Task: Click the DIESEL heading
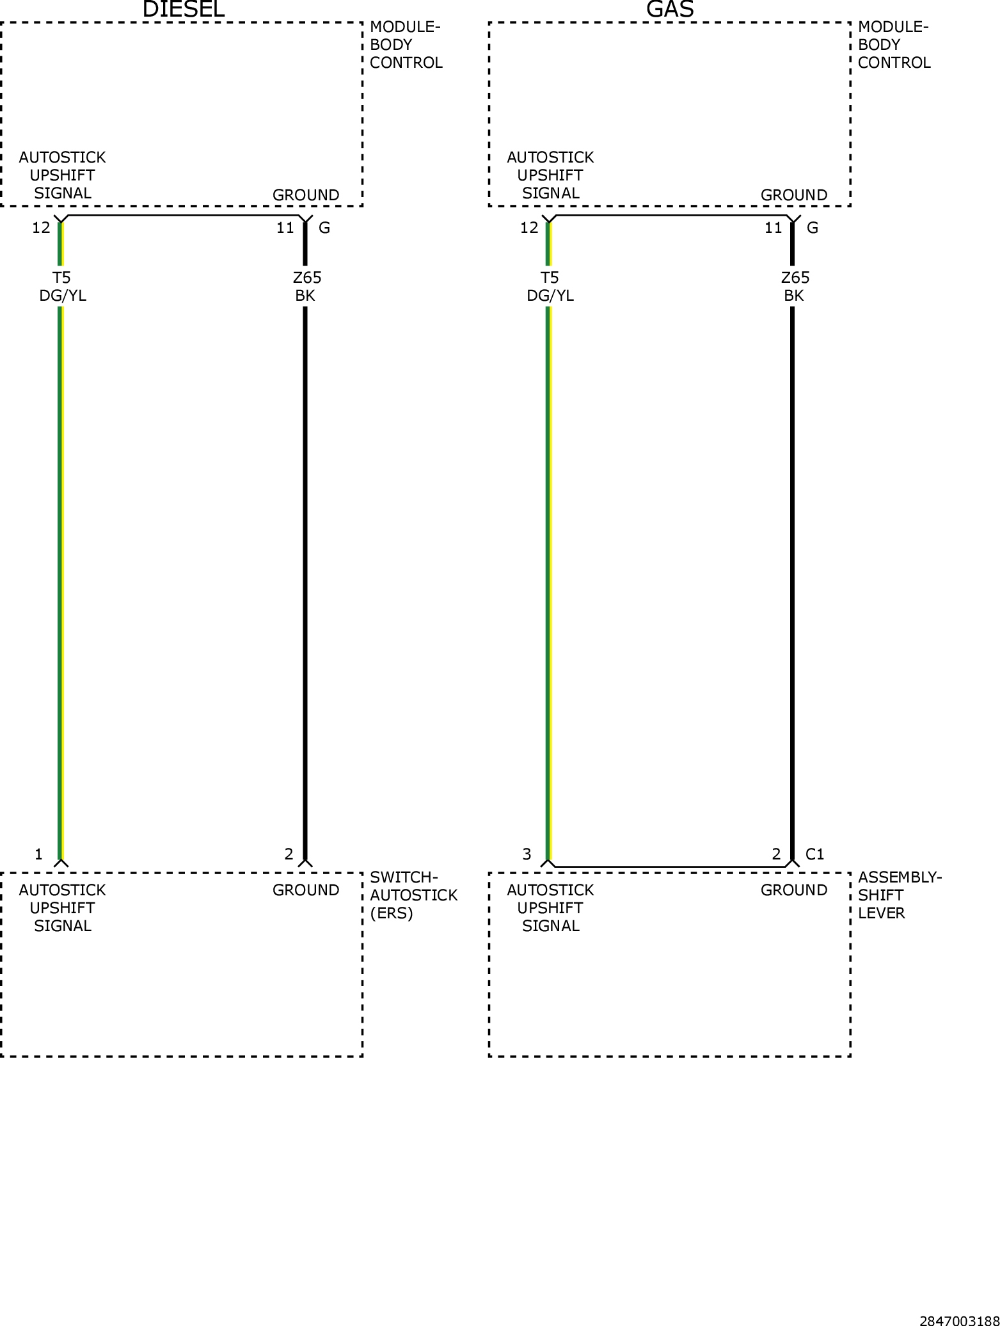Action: [x=184, y=9]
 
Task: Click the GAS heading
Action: [x=670, y=9]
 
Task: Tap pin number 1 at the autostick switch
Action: [x=38, y=854]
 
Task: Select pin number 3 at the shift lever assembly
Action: [x=527, y=854]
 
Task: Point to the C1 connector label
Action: [x=814, y=854]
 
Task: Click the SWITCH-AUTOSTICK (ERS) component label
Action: [x=413, y=895]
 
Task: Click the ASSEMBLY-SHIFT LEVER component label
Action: [x=900, y=895]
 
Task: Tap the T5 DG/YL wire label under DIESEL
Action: [x=62, y=286]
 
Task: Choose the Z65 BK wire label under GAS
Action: [x=795, y=286]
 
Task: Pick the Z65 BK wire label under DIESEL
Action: [x=306, y=286]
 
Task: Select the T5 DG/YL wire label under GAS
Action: [x=550, y=286]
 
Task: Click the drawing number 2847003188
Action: [x=959, y=1320]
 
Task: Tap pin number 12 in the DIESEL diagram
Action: [x=41, y=228]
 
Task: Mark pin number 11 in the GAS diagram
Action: [x=774, y=228]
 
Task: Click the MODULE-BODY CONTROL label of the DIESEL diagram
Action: [x=406, y=45]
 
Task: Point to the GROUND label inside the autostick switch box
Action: [x=306, y=890]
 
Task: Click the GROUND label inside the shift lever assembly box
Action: [x=794, y=890]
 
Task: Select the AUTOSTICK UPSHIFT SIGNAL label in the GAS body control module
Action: [x=550, y=175]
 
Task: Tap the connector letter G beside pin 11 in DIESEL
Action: [x=324, y=228]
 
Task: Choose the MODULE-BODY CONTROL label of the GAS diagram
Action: [x=894, y=45]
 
